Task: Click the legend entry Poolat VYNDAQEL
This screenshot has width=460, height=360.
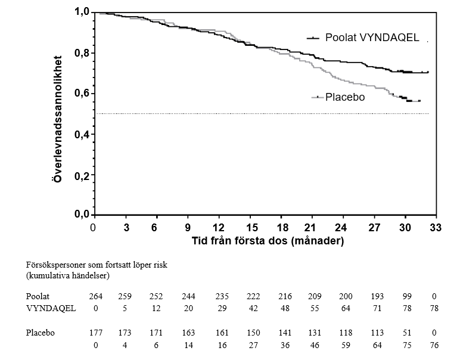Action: click(372, 38)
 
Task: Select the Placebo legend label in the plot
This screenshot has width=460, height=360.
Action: click(345, 97)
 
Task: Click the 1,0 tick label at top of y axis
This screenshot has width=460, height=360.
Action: click(81, 12)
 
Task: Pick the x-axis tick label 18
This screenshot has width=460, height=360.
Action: click(282, 228)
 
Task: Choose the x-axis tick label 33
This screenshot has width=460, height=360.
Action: click(436, 228)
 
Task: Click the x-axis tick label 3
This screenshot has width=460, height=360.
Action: click(126, 228)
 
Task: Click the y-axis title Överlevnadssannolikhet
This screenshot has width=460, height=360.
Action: click(58, 119)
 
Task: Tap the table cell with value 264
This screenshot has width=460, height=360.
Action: click(96, 296)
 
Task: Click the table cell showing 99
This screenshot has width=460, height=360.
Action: click(407, 296)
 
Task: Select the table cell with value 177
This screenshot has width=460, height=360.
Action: click(96, 333)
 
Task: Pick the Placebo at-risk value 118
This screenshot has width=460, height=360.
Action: click(346, 333)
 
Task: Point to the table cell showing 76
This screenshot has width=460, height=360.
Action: click(434, 345)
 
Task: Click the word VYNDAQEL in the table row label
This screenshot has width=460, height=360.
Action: click(51, 309)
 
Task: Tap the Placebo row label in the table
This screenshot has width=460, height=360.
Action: click(40, 333)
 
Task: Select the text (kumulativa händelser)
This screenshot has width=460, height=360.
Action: click(68, 276)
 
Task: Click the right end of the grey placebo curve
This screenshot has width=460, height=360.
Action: click(420, 101)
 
